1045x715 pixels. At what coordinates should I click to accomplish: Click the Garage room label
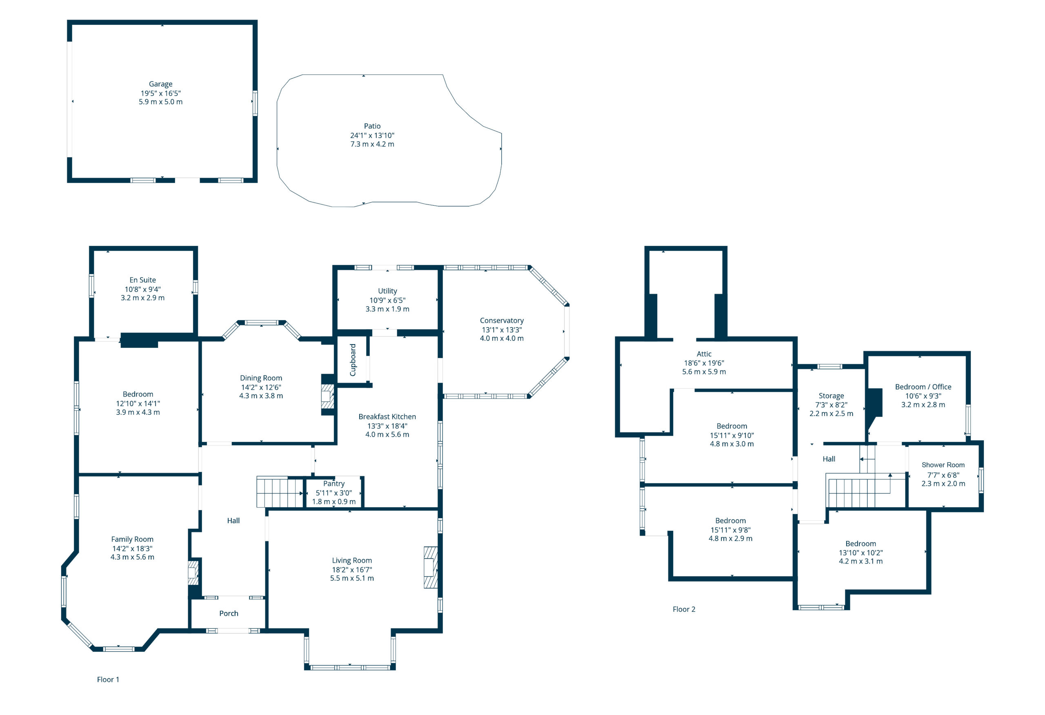(x=160, y=84)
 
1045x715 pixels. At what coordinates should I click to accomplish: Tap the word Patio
(x=372, y=126)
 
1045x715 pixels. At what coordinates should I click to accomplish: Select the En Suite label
(x=142, y=280)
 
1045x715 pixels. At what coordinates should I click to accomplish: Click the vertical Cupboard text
(x=353, y=360)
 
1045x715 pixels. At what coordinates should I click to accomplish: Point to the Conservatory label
(x=502, y=321)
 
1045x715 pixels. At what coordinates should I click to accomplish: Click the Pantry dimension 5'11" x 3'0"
(x=334, y=493)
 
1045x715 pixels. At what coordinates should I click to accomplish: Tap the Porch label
(x=229, y=613)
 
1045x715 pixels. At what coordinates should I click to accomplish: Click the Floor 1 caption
(x=108, y=679)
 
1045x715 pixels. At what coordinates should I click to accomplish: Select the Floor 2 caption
(x=684, y=609)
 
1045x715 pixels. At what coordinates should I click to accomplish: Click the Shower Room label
(x=943, y=465)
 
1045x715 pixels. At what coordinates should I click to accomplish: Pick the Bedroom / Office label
(x=923, y=387)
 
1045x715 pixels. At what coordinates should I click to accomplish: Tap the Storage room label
(x=832, y=396)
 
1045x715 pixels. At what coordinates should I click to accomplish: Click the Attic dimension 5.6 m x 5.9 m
(x=704, y=372)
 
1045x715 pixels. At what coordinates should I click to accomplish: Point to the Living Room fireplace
(x=431, y=567)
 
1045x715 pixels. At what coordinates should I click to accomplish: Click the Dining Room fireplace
(x=328, y=396)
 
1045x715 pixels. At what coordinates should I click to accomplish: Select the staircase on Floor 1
(x=280, y=493)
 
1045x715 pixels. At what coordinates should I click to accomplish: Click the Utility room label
(x=388, y=291)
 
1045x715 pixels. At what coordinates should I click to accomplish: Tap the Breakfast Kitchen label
(x=387, y=417)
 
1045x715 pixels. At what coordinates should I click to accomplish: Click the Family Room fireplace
(x=193, y=572)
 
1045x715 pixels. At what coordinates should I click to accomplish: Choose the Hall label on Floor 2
(x=829, y=459)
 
